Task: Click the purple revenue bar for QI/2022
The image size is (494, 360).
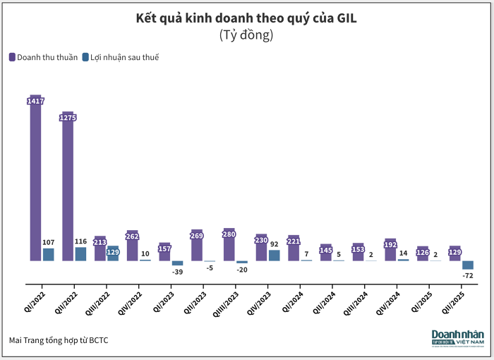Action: tap(36, 184)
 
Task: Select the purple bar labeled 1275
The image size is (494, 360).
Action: tap(68, 191)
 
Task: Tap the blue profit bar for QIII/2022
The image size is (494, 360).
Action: tap(113, 253)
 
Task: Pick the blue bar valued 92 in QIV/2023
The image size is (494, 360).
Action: tap(274, 256)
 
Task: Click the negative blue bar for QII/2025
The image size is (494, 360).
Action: tap(467, 265)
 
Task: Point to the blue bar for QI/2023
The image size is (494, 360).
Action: tap(177, 263)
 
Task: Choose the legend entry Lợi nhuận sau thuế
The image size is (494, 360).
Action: tap(120, 57)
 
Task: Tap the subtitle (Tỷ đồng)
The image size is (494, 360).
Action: tap(246, 34)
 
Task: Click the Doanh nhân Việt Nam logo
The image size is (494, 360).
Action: tap(458, 337)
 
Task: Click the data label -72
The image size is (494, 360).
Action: tap(467, 275)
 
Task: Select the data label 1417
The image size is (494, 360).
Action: tap(36, 102)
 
